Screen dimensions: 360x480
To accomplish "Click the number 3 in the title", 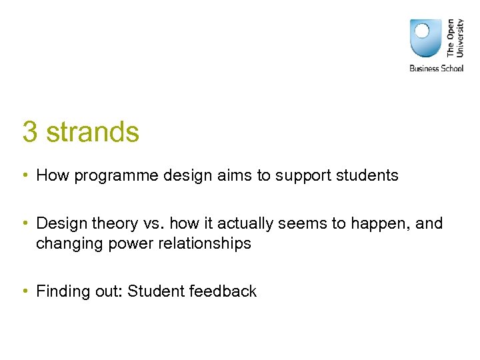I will coord(29,132).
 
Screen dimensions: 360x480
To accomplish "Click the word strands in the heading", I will coord(93,132).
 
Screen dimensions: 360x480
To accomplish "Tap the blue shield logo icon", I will coord(426,38).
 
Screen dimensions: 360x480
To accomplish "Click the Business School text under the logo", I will coord(436,68).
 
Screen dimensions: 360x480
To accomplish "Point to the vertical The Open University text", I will coord(455,37).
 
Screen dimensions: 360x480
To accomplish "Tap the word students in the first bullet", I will coord(369,176).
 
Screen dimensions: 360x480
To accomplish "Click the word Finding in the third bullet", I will coord(63,291).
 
